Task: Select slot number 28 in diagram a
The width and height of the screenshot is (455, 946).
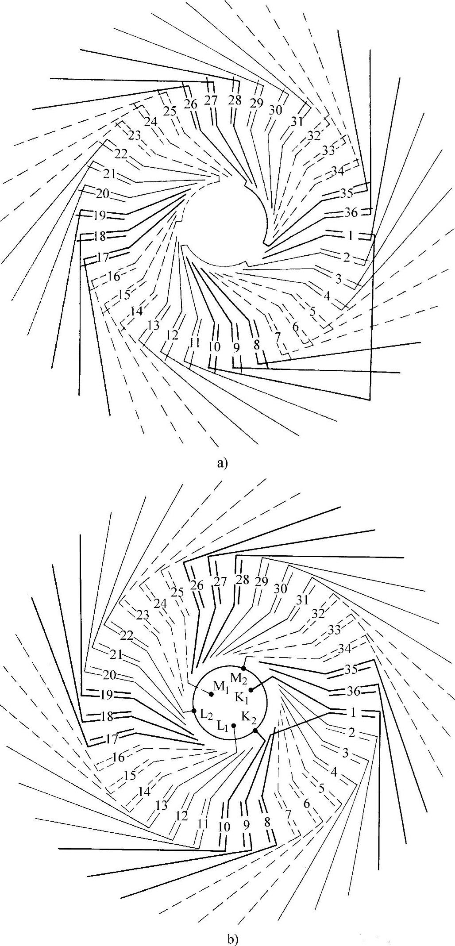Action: pos(235,100)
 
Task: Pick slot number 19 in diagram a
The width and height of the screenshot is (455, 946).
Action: pos(100,216)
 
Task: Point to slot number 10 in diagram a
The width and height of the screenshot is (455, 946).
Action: pos(214,347)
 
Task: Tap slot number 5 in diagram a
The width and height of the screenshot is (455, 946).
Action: pos(313,311)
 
